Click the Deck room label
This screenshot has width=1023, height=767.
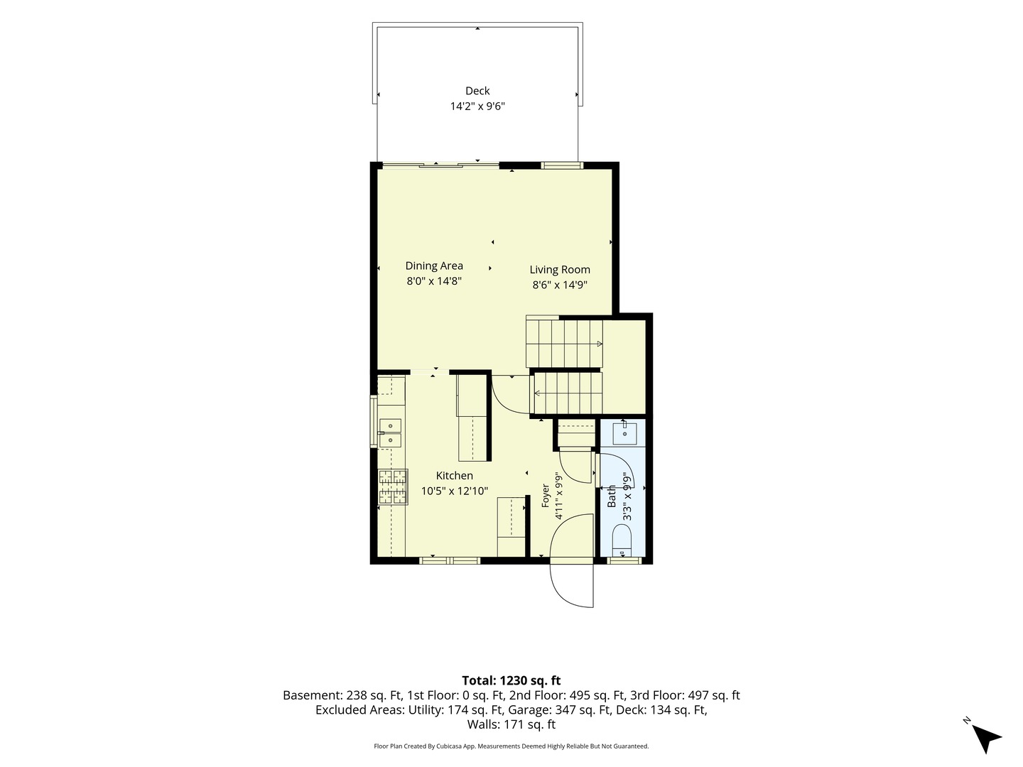[477, 91]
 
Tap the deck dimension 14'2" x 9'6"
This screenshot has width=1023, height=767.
[477, 107]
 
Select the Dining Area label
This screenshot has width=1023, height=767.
[434, 266]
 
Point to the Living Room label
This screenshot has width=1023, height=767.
[559, 270]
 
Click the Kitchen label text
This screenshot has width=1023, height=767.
[454, 476]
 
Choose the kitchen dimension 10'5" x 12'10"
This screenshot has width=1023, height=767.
[455, 491]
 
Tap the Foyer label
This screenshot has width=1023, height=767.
[546, 496]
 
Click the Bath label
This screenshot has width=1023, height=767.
[612, 496]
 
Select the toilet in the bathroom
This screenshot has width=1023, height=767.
[621, 540]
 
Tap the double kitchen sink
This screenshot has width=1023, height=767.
[390, 433]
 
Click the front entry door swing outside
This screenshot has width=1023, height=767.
[571, 585]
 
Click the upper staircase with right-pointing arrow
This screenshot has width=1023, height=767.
[564, 344]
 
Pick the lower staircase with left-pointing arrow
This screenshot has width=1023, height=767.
[568, 393]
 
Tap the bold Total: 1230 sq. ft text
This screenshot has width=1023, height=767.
[511, 680]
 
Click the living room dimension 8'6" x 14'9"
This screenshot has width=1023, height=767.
[559, 285]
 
